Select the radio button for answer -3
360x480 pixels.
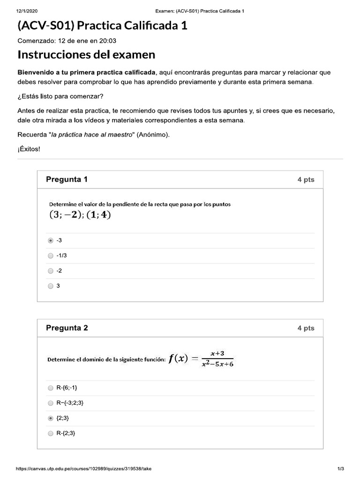pyautogui.click(x=51, y=240)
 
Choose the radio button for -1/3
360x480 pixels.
pyautogui.click(x=51, y=255)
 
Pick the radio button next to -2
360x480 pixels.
pyautogui.click(x=51, y=270)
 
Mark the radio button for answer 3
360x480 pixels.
pyautogui.click(x=51, y=285)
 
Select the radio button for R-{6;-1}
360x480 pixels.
pyautogui.click(x=51, y=388)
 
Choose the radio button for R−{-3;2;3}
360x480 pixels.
pyautogui.click(x=51, y=403)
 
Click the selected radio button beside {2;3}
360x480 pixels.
pyautogui.click(x=51, y=418)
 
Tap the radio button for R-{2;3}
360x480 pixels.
pyautogui.click(x=51, y=434)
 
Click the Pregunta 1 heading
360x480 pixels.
pyautogui.click(x=67, y=180)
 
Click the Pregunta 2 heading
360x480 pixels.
pyautogui.click(x=67, y=328)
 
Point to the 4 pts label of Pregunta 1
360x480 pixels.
pyautogui.click(x=306, y=180)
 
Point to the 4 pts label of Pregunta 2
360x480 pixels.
pyautogui.click(x=306, y=329)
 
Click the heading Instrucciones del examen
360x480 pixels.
pyautogui.click(x=86, y=55)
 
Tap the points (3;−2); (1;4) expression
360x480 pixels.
pyautogui.click(x=80, y=215)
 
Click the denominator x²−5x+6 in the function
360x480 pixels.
pyautogui.click(x=217, y=364)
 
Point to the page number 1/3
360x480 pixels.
pyautogui.click(x=341, y=469)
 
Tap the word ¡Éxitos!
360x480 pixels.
pyautogui.click(x=29, y=149)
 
